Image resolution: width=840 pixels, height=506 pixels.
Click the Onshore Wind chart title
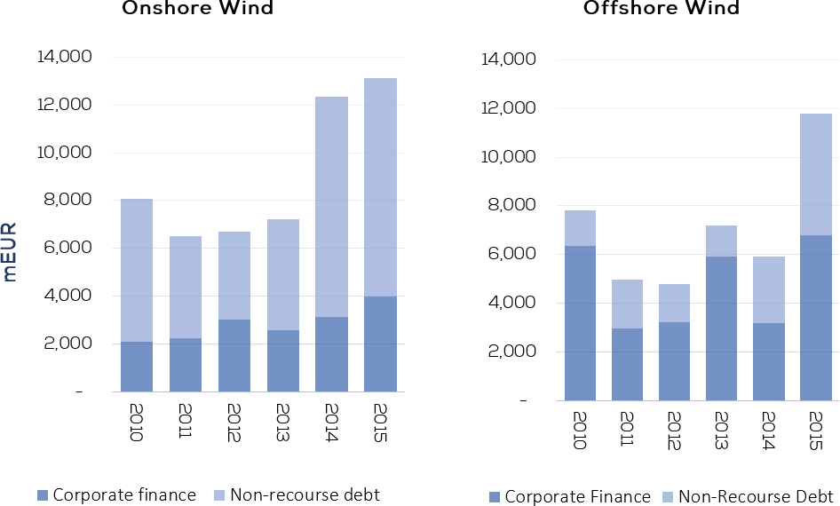198,7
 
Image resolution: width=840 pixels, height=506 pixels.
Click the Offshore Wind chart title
661,7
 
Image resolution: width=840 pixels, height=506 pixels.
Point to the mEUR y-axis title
10,251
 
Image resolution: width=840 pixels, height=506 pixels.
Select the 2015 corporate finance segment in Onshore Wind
380,344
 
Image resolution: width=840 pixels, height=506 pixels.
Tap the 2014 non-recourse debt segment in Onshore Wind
331,207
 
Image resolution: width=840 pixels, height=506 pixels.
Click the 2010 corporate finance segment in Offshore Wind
580,323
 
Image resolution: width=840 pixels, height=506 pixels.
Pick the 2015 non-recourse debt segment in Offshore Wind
816,175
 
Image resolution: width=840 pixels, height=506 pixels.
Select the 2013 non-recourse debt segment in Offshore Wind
722,241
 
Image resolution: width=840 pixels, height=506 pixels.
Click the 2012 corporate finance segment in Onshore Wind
234,356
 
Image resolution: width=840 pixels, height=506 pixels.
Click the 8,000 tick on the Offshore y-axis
510,205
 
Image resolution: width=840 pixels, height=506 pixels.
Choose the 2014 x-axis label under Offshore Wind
769,431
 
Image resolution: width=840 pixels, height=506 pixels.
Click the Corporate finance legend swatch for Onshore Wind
43,495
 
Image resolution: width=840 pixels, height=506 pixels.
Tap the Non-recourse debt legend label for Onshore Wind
305,494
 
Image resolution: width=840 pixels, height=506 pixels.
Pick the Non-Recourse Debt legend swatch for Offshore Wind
668,497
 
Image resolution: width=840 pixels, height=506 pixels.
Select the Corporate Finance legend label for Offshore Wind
578,497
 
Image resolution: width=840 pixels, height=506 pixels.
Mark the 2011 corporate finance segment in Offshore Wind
627,365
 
